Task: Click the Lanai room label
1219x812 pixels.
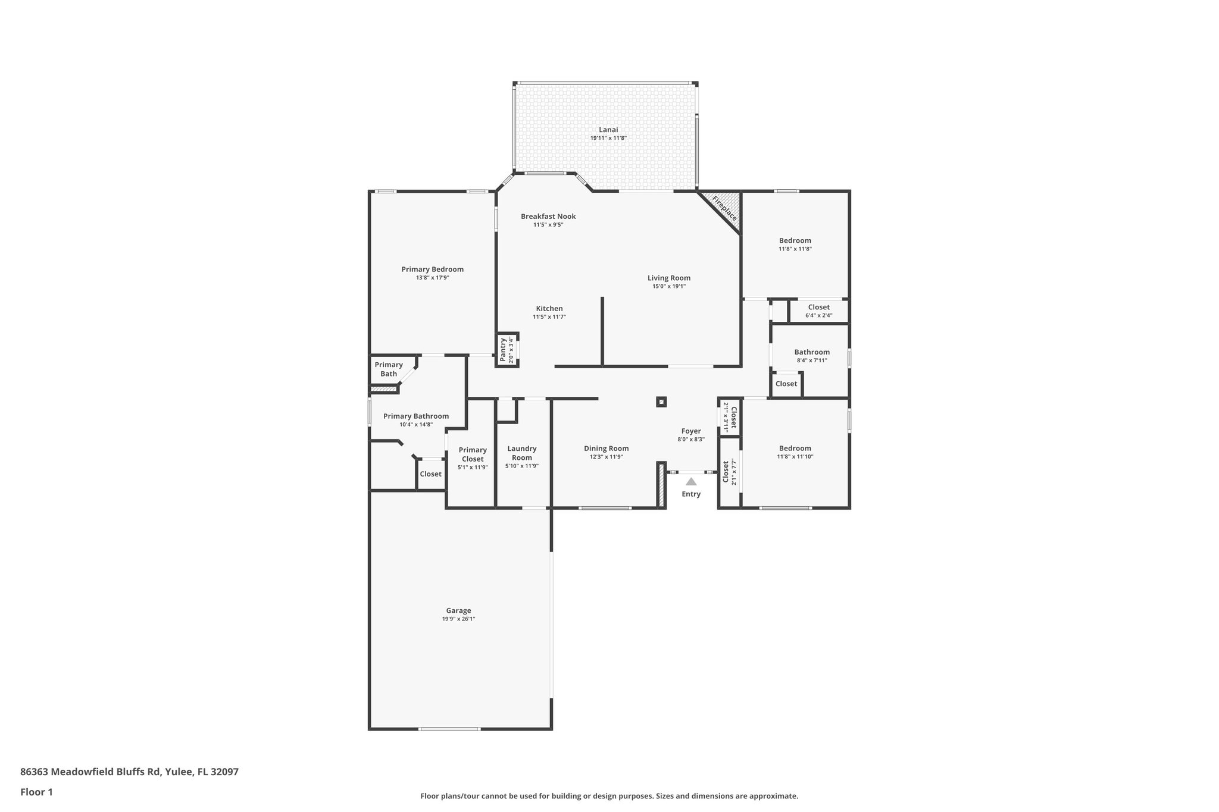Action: [608, 130]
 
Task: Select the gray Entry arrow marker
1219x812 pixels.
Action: [690, 482]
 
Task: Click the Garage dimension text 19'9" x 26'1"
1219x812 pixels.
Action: [458, 619]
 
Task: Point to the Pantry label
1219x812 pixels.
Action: [503, 350]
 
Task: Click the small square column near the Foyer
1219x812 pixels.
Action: [661, 402]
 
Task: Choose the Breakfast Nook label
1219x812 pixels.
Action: [548, 217]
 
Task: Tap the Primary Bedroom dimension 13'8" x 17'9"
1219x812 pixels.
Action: [433, 278]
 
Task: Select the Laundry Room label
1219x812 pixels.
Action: [521, 453]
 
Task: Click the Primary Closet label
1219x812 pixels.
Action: [473, 454]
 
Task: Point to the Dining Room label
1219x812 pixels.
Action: [606, 449]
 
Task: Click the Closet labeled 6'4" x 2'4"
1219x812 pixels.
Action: [818, 308]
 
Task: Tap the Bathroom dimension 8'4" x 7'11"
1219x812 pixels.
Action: [812, 360]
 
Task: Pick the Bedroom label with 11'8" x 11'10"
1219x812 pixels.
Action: [795, 449]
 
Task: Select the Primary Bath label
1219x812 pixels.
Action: [389, 369]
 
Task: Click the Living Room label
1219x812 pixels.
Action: [669, 278]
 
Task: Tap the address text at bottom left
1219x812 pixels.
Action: [129, 772]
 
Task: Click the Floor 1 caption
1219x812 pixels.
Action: [37, 792]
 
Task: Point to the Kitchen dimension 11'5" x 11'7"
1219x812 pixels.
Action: [549, 317]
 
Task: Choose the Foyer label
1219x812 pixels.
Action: [690, 431]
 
